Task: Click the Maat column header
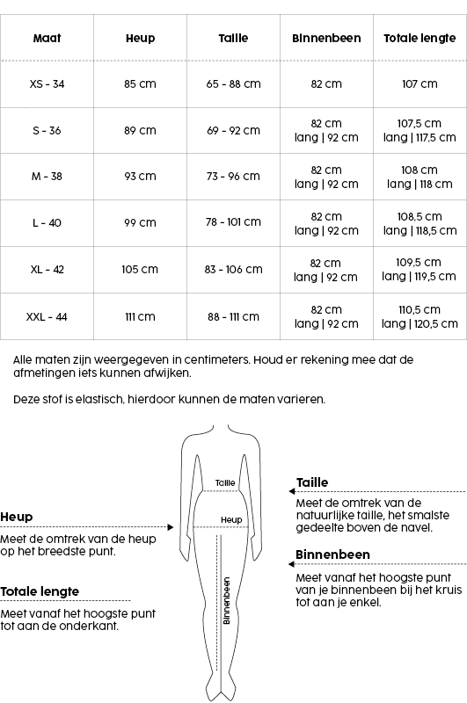[x=47, y=39]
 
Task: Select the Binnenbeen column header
[x=326, y=39]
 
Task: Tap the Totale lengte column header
[x=420, y=39]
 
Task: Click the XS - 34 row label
[x=47, y=84]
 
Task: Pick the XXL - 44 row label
[x=47, y=317]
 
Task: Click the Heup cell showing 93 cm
[x=140, y=177]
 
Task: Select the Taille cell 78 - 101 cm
[x=233, y=223]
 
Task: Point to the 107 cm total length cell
[x=420, y=84]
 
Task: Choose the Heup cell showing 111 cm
[x=140, y=317]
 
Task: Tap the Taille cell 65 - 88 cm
[x=233, y=84]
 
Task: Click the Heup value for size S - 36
[x=140, y=131]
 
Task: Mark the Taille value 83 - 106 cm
[x=233, y=270]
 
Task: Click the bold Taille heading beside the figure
[x=312, y=482]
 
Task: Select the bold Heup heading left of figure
[x=16, y=517]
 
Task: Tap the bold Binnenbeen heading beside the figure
[x=332, y=554]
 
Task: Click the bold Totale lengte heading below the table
[x=40, y=591]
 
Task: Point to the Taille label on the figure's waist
[x=226, y=482]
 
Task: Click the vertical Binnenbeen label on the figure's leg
[x=226, y=600]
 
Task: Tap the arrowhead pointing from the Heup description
[x=171, y=528]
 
